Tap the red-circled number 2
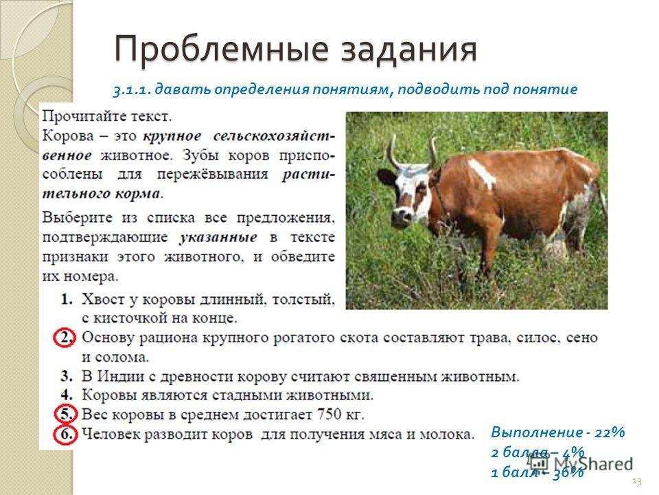pyautogui.click(x=65, y=338)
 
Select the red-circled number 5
pyautogui.click(x=66, y=414)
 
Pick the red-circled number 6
pyautogui.click(x=66, y=434)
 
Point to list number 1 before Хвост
pyautogui.click(x=67, y=299)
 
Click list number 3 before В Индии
pyautogui.click(x=67, y=376)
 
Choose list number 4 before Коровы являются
pyautogui.click(x=67, y=395)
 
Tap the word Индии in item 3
pyautogui.click(x=120, y=376)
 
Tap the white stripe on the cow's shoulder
pyautogui.click(x=482, y=173)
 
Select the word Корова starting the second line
pyautogui.click(x=68, y=136)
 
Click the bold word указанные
pyautogui.click(x=218, y=238)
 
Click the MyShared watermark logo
pyautogui.click(x=581, y=463)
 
